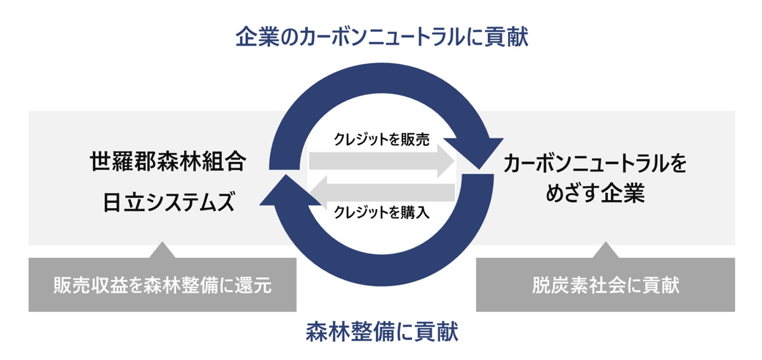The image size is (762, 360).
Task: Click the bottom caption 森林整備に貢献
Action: (382, 331)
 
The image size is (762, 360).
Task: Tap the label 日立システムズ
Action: (168, 203)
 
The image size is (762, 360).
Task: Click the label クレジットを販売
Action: (382, 140)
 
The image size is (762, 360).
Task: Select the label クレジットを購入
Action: (382, 213)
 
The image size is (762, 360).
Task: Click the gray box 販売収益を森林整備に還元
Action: (163, 285)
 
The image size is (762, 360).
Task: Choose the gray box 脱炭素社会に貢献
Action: (605, 285)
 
